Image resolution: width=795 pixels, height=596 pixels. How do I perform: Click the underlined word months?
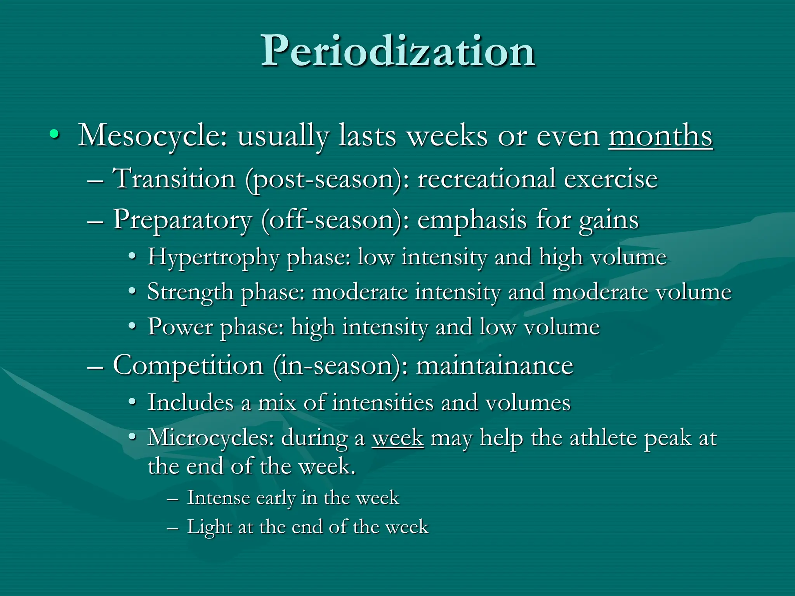pos(660,136)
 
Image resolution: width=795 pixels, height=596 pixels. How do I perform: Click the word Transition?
pos(174,178)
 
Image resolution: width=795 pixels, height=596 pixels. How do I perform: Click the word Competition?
pos(188,366)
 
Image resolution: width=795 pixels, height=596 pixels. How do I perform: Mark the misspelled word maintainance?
pos(495,366)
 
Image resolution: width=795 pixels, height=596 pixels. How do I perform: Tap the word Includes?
pos(190,402)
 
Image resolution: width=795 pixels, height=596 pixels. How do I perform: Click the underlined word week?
pos(397,438)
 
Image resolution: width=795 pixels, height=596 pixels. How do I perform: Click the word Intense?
pos(218,498)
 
